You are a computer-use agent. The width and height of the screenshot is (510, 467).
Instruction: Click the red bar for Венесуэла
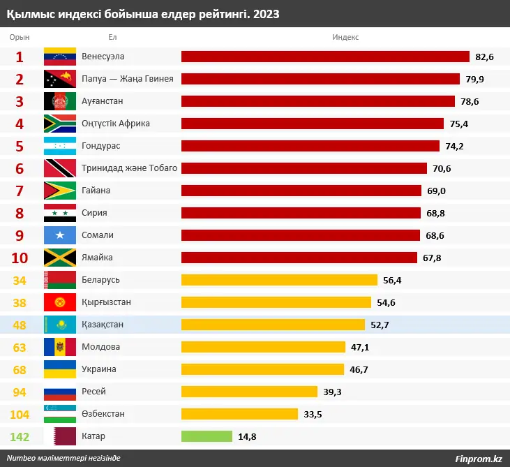click(325, 57)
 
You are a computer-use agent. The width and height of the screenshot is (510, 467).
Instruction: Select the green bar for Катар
click(207, 436)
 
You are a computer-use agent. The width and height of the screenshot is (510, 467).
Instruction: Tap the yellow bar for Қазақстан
click(273, 325)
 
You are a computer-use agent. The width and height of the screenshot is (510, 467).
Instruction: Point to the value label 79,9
click(474, 79)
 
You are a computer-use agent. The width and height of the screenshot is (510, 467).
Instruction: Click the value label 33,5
click(313, 414)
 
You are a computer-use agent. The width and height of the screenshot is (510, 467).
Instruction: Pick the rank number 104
click(20, 414)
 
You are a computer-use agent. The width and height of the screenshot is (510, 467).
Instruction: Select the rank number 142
click(20, 436)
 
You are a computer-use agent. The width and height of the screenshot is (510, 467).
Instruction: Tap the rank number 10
click(20, 258)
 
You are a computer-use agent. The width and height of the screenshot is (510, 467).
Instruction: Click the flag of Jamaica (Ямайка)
click(60, 258)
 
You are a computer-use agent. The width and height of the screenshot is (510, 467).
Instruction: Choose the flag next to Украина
click(60, 369)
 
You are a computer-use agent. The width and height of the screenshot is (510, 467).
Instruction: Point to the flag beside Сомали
click(60, 235)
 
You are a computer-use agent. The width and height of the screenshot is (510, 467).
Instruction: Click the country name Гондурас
click(100, 146)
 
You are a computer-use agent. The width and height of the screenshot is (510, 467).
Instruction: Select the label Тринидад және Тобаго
click(129, 168)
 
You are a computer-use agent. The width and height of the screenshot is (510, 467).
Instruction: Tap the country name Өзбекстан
click(103, 414)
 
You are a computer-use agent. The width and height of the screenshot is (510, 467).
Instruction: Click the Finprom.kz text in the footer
click(478, 459)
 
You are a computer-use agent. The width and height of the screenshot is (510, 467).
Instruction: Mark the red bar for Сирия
click(301, 213)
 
